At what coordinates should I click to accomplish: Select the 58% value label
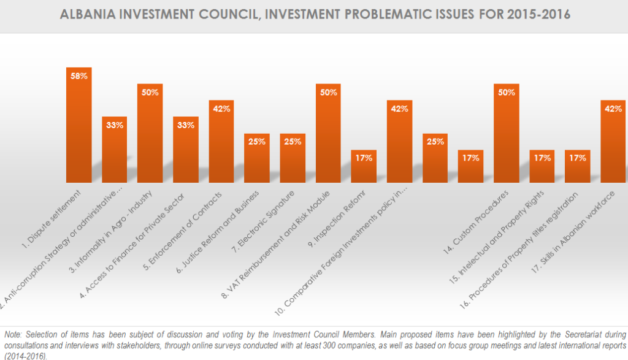(x=78, y=76)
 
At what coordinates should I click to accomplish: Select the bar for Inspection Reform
(x=364, y=166)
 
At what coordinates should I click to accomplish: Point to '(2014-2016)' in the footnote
(x=25, y=355)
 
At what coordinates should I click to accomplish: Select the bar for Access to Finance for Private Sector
(x=185, y=150)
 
